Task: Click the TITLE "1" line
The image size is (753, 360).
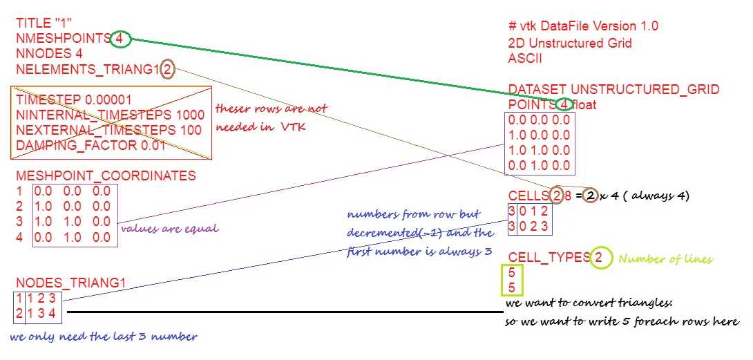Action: [x=44, y=23]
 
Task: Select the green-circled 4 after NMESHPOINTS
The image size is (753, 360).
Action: [x=120, y=39]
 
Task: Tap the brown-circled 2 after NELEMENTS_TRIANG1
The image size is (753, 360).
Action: [x=168, y=69]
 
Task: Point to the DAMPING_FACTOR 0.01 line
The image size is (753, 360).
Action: [x=91, y=145]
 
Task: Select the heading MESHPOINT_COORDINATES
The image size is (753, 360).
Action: [x=106, y=176]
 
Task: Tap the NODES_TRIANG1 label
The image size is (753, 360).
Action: [x=71, y=283]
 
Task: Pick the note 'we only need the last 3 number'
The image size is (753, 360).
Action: [x=104, y=337]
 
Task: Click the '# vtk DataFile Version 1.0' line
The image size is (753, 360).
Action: [x=583, y=26]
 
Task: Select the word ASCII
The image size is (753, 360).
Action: [x=525, y=58]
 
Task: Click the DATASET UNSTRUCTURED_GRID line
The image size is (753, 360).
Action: [x=613, y=90]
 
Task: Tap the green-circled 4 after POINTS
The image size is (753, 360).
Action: [x=564, y=105]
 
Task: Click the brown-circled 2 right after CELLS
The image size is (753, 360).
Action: [x=557, y=196]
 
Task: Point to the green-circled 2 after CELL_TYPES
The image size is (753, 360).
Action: [x=600, y=258]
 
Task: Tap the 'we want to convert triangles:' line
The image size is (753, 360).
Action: [x=588, y=304]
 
